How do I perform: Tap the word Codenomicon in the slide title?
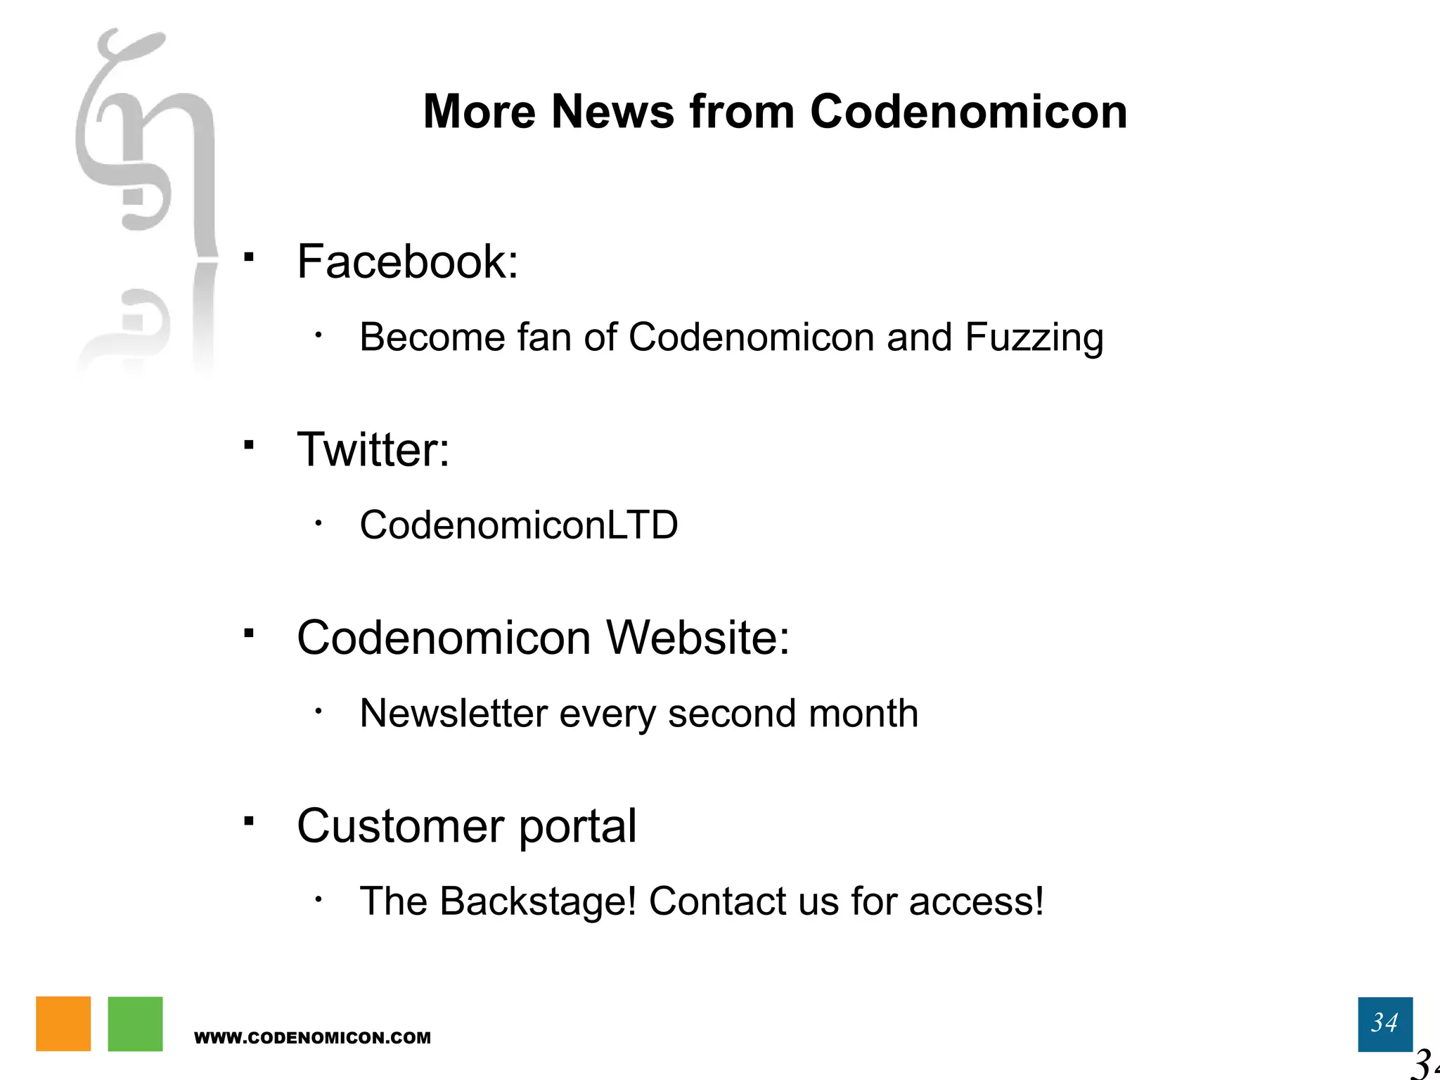tap(968, 112)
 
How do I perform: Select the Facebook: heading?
tap(407, 262)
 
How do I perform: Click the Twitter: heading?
tap(373, 449)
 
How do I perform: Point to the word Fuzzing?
tap(1034, 337)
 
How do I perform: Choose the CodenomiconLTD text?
tap(518, 525)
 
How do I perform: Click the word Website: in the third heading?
tap(697, 638)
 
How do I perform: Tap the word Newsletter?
tap(454, 713)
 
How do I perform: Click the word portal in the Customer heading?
tap(577, 826)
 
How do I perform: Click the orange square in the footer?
tap(63, 1024)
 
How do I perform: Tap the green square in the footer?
tap(135, 1024)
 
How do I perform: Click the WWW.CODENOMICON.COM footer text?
tap(312, 1038)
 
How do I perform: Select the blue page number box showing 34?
tap(1384, 1024)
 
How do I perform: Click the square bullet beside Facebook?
tap(248, 257)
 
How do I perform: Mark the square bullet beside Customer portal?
tap(248, 821)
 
